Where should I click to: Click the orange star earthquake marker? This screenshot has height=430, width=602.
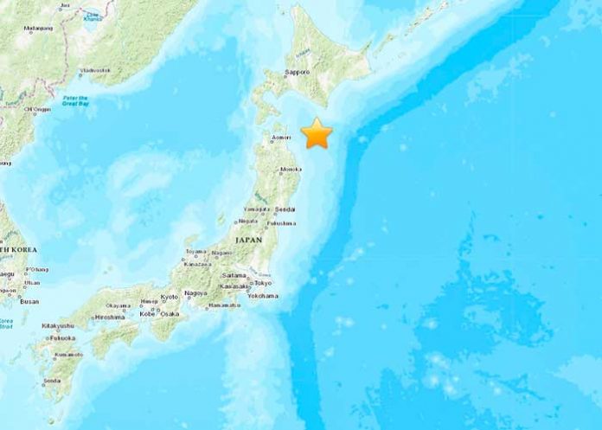(x=317, y=133)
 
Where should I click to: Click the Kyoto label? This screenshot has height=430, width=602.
(x=169, y=297)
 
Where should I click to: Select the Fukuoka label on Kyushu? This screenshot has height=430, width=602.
(x=61, y=338)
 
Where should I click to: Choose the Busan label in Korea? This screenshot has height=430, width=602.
(x=29, y=301)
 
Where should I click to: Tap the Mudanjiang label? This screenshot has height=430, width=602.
(x=38, y=28)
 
